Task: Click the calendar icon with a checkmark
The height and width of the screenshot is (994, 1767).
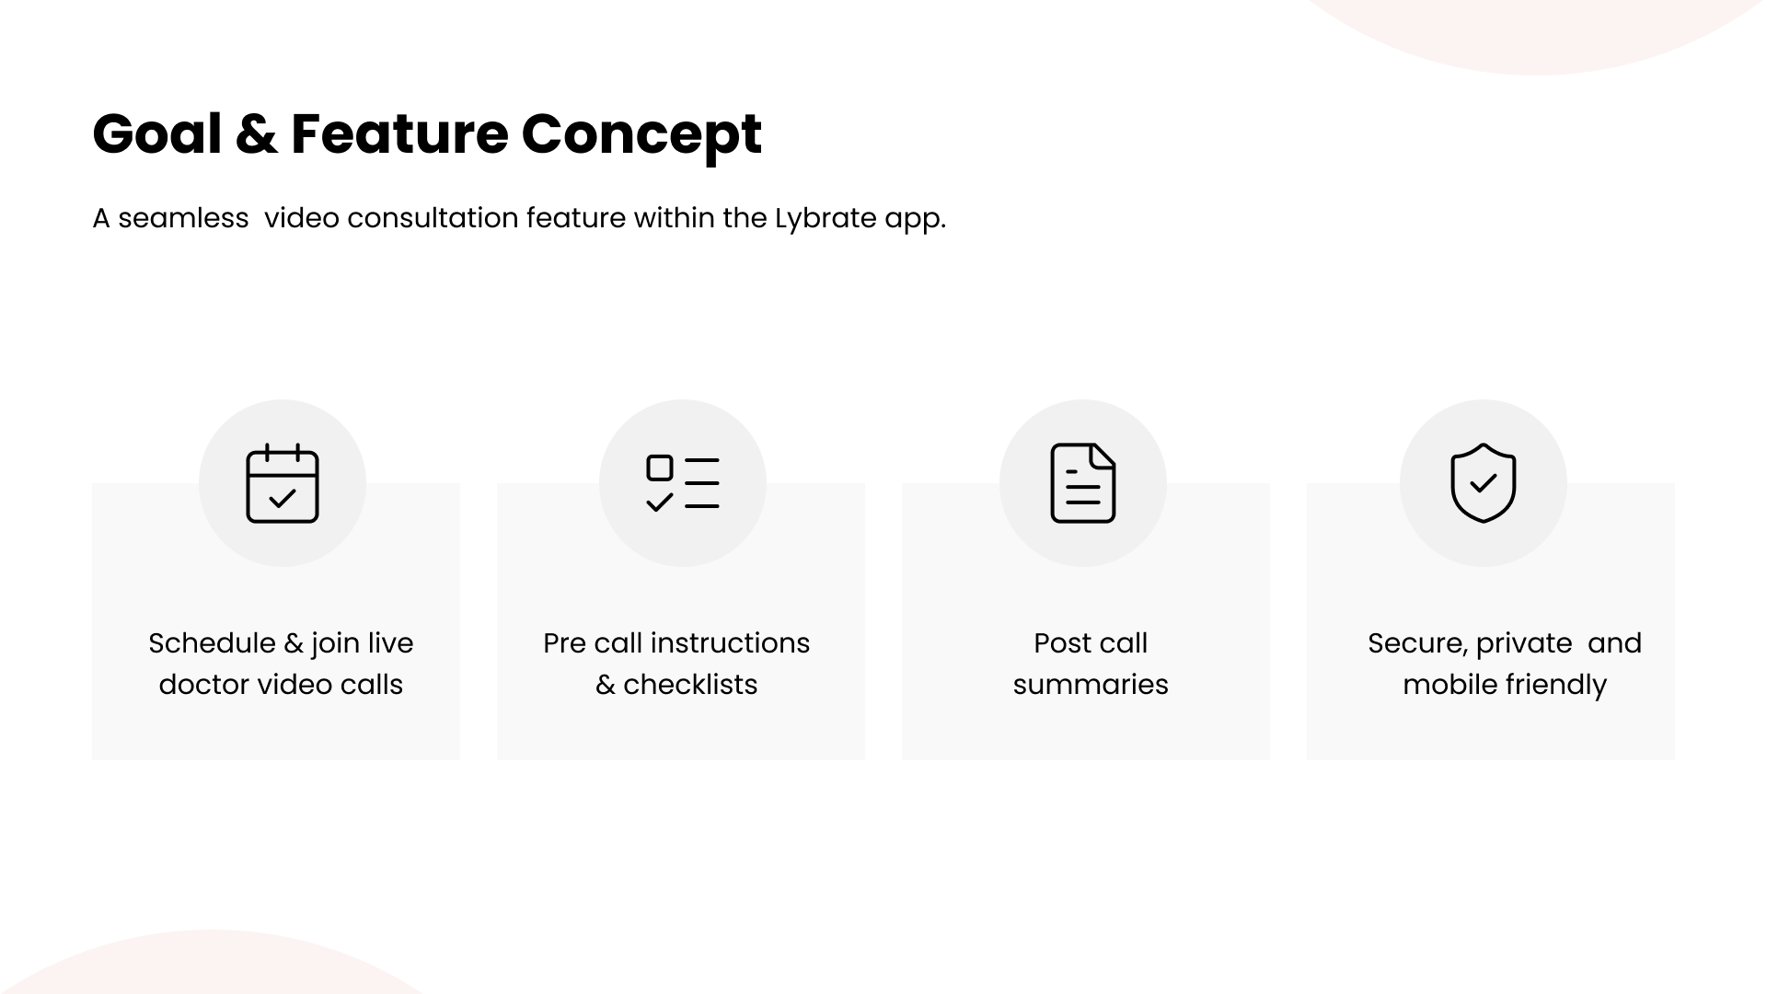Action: pyautogui.click(x=283, y=483)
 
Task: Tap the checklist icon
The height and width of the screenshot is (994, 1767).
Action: pyautogui.click(x=683, y=483)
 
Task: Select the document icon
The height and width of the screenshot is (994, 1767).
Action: pyautogui.click(x=1083, y=483)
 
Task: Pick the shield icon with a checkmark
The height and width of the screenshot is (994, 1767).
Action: pyautogui.click(x=1484, y=483)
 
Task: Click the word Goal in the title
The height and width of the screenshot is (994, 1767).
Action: pyautogui.click(x=157, y=133)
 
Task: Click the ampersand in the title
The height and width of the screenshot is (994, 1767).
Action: pyautogui.click(x=257, y=133)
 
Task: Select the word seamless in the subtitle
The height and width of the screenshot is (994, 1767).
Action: pyautogui.click(x=183, y=218)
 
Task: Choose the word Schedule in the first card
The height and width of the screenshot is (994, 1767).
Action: pyautogui.click(x=212, y=642)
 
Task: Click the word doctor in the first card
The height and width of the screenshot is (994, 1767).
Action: pyautogui.click(x=203, y=685)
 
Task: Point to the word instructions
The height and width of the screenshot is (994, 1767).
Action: pyautogui.click(x=730, y=642)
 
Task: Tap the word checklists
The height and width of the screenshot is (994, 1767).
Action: pyautogui.click(x=690, y=685)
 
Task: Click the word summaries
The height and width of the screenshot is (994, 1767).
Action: pyautogui.click(x=1091, y=685)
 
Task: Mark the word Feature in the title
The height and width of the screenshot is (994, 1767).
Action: pyautogui.click(x=399, y=133)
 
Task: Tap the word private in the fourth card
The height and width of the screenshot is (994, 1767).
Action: pyautogui.click(x=1524, y=644)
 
